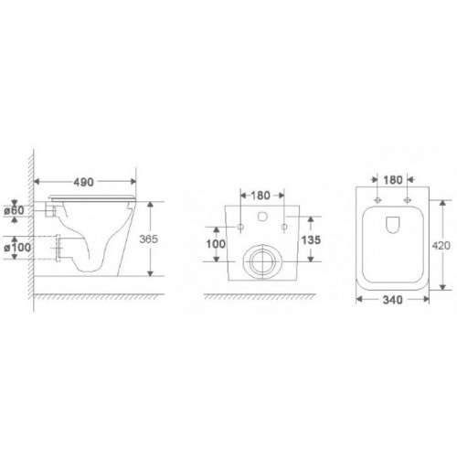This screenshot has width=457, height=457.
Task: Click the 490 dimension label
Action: [x=83, y=182]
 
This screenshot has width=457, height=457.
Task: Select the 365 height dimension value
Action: [x=149, y=239]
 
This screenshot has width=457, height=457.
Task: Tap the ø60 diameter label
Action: [x=14, y=210]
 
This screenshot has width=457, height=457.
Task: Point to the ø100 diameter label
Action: [x=17, y=248]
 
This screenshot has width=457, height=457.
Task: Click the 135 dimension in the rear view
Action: [x=311, y=240]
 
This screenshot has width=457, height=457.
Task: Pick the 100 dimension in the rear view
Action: [x=216, y=244]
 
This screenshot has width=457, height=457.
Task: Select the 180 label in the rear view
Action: [x=260, y=196]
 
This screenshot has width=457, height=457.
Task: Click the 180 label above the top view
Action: [x=393, y=180]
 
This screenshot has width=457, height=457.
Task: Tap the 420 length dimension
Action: [x=441, y=245]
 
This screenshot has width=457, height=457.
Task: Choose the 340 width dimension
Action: [x=393, y=300]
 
